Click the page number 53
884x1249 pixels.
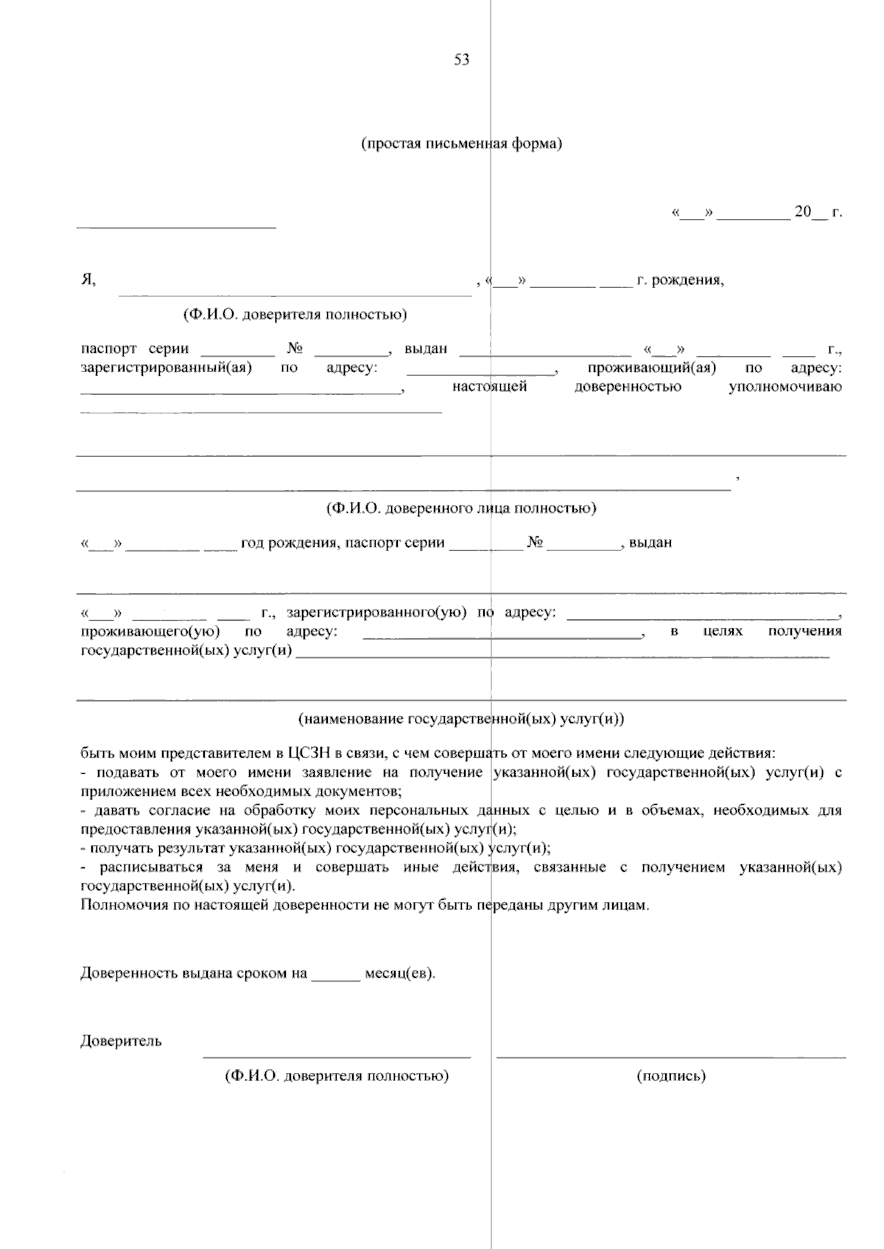pos(462,60)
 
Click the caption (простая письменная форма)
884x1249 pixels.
pos(461,144)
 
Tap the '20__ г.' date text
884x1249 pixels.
pos(818,213)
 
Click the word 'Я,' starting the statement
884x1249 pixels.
pos(88,279)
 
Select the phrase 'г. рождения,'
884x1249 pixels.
pos(680,280)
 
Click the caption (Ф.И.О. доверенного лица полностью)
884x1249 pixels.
pos(461,508)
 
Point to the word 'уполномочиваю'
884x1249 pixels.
pos(785,386)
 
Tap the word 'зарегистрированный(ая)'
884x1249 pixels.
pos(166,367)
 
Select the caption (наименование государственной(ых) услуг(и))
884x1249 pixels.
pos(461,718)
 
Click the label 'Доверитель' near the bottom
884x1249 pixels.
pos(121,1041)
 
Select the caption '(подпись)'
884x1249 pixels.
pos(670,1076)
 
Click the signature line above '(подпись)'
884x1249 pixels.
pos(670,1057)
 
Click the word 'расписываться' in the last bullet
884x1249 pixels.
pos(141,867)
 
